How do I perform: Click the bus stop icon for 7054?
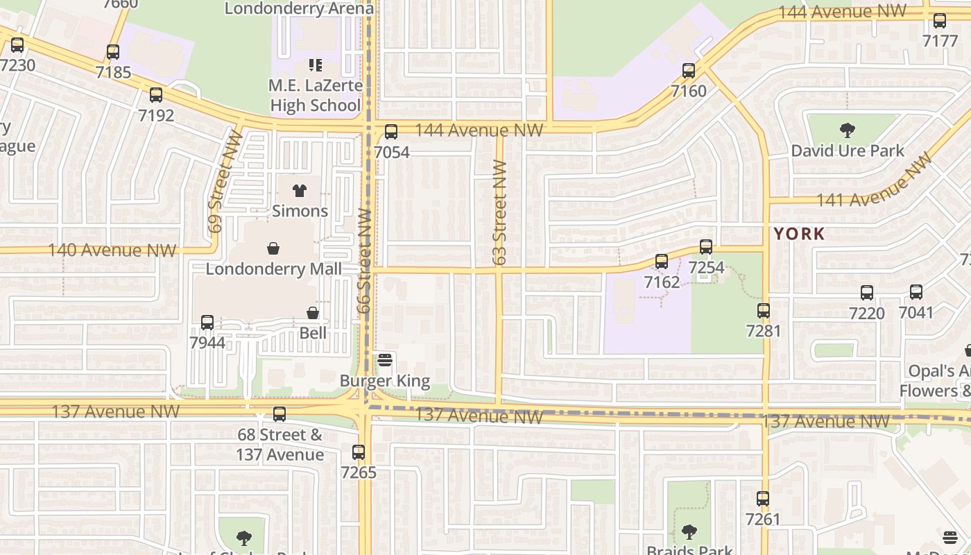click(x=391, y=131)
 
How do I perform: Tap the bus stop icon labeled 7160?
click(x=689, y=70)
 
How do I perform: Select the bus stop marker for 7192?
click(x=156, y=94)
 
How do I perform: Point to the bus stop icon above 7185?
click(x=113, y=51)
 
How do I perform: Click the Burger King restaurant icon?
click(x=385, y=359)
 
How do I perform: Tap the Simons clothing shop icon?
click(x=300, y=190)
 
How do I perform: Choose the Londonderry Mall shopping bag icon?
click(x=274, y=248)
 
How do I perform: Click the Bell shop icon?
click(x=313, y=313)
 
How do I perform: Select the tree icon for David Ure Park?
click(x=847, y=130)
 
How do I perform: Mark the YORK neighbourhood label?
click(x=800, y=234)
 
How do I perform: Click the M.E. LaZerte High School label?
click(x=316, y=96)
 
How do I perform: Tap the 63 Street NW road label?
click(x=500, y=212)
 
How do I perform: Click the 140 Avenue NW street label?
click(x=112, y=250)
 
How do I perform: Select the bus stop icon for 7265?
click(x=359, y=452)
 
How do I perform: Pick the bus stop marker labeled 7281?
click(x=764, y=310)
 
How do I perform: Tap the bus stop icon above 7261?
click(x=763, y=498)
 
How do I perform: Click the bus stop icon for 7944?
click(x=207, y=322)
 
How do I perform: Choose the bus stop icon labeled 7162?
click(x=662, y=261)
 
